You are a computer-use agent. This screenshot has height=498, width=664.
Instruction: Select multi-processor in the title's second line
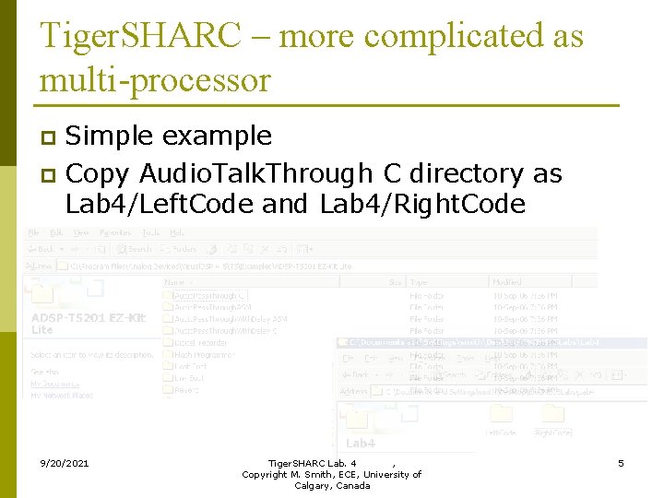pos(155,80)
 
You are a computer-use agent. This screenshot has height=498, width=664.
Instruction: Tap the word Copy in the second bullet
pos(99,173)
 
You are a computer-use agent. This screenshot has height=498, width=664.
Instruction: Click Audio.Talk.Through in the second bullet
pos(256,173)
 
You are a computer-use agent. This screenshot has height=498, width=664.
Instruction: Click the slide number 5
pos(621,462)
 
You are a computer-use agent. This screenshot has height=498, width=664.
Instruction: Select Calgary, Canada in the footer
pos(332,486)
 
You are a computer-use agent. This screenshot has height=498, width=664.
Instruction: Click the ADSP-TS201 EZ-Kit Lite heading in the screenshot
pos(88,323)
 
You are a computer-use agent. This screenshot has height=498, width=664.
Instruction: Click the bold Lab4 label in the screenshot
pos(361,444)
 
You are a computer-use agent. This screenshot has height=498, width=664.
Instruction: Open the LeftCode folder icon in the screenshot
pos(502,416)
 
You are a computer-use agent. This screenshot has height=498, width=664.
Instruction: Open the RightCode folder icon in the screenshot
pos(552,416)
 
